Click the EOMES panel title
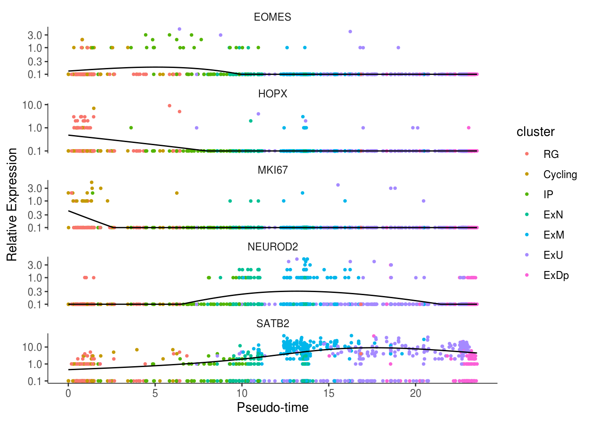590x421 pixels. point(272,17)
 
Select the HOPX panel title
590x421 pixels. point(272,94)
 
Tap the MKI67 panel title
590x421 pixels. point(272,170)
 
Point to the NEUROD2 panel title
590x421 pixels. point(272,247)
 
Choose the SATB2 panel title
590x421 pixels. point(272,324)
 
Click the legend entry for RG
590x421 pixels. point(550,154)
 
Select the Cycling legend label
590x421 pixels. point(560,175)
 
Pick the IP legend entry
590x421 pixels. point(548,195)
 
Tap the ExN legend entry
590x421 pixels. point(553,215)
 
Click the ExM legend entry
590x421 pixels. point(553,235)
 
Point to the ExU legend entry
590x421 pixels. point(553,255)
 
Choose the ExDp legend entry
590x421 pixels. point(556,275)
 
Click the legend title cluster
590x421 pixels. point(535,132)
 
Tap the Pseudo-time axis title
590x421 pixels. point(272,408)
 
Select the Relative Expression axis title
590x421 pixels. point(12,204)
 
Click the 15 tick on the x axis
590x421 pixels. point(329,393)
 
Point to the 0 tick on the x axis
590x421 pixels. point(68,393)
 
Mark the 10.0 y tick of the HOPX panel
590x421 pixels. point(32,105)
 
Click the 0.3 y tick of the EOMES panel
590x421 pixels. point(35,61)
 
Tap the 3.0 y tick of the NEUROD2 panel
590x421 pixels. point(35,265)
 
